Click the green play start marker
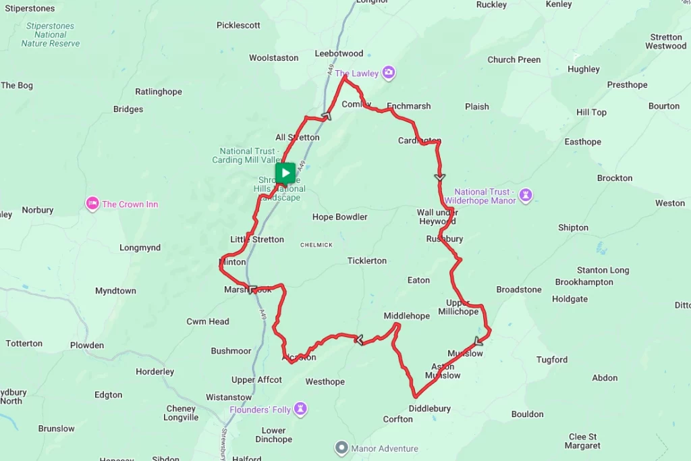(x=285, y=173)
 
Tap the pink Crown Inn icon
(x=92, y=203)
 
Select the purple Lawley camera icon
(x=389, y=72)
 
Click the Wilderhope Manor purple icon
(x=526, y=196)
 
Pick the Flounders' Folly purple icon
(x=300, y=409)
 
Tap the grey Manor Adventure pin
(x=341, y=448)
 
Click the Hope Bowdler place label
(x=339, y=217)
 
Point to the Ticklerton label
(x=367, y=261)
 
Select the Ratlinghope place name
(x=159, y=92)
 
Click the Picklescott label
(x=238, y=25)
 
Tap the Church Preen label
(x=514, y=59)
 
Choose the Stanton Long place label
(x=603, y=270)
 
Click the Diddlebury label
(x=429, y=408)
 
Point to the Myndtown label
(x=115, y=291)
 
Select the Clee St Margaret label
(x=582, y=441)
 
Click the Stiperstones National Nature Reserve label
(x=51, y=34)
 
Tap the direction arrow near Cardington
(x=440, y=177)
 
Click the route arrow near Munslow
(x=478, y=340)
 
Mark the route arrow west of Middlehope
(x=359, y=340)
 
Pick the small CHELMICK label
(x=316, y=244)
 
